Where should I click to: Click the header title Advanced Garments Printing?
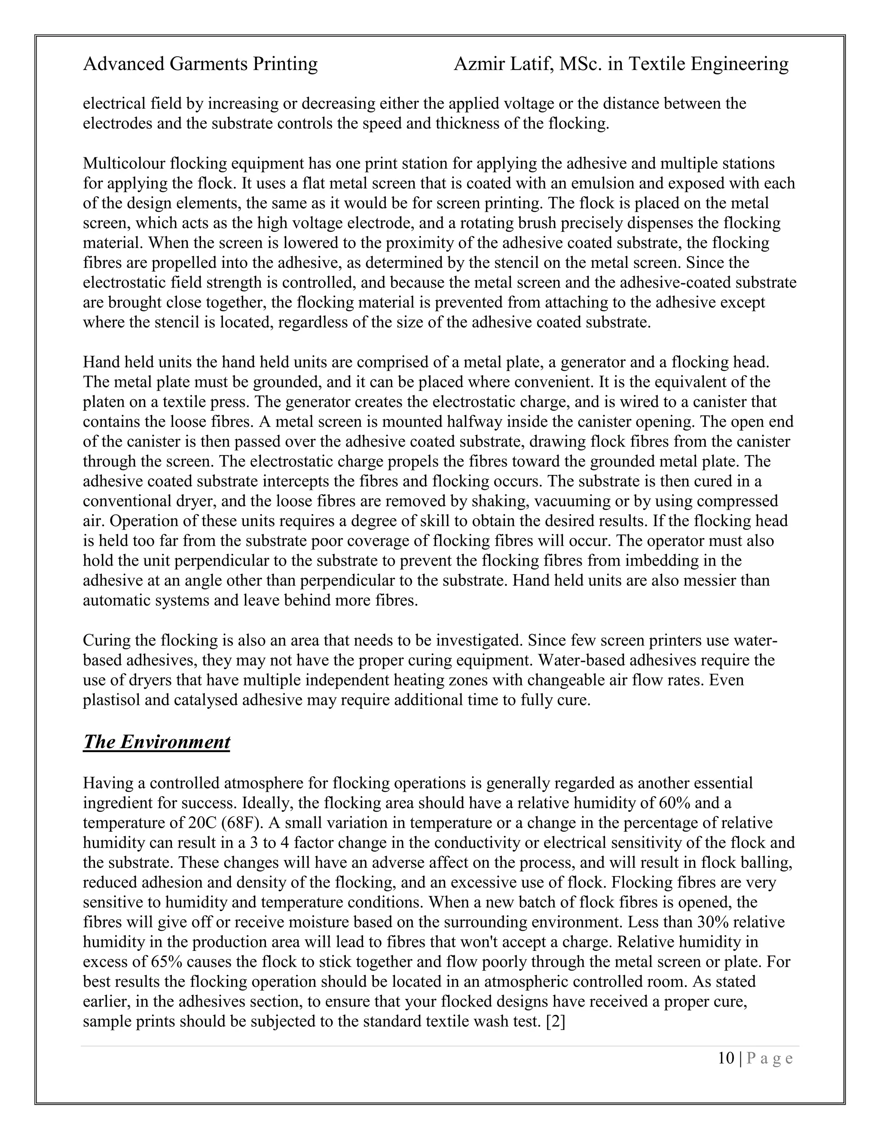pos(200,64)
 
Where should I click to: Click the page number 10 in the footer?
pos(726,1058)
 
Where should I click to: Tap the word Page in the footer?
pos(770,1058)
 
